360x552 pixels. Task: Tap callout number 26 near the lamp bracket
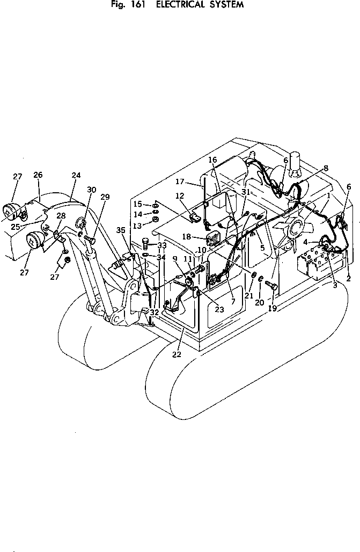tap(38, 175)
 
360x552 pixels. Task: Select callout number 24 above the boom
tap(76, 175)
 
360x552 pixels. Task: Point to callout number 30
tap(91, 190)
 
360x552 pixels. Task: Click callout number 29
tap(105, 197)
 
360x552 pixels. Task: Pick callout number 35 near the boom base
tap(121, 230)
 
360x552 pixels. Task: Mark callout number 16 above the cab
tap(212, 160)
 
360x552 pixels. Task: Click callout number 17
tap(180, 181)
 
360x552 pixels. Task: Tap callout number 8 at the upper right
tap(326, 168)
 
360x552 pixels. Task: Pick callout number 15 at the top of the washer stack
tap(138, 204)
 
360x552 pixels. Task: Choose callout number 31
tap(246, 192)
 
